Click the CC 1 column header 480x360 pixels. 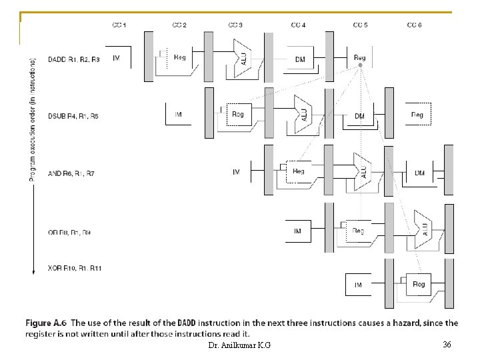tap(119, 25)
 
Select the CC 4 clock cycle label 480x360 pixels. tap(298, 25)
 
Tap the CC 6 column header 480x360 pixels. tap(414, 25)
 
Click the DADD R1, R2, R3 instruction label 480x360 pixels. tap(74, 59)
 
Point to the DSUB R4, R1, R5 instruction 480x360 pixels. tap(73, 116)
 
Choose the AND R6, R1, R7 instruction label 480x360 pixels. tap(71, 174)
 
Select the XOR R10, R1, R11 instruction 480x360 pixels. tap(74, 268)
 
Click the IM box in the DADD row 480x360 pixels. tap(117, 59)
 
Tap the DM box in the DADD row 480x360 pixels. tap(300, 59)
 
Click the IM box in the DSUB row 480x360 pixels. tap(178, 115)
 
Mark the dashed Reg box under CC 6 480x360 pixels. tap(417, 115)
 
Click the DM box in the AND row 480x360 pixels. tap(419, 173)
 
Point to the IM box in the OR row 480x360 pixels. tap(297, 231)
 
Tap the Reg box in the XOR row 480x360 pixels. tap(419, 285)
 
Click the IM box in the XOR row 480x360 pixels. tap(358, 285)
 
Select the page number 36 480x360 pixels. tap(447, 344)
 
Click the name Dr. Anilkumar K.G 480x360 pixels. tap(239, 345)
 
